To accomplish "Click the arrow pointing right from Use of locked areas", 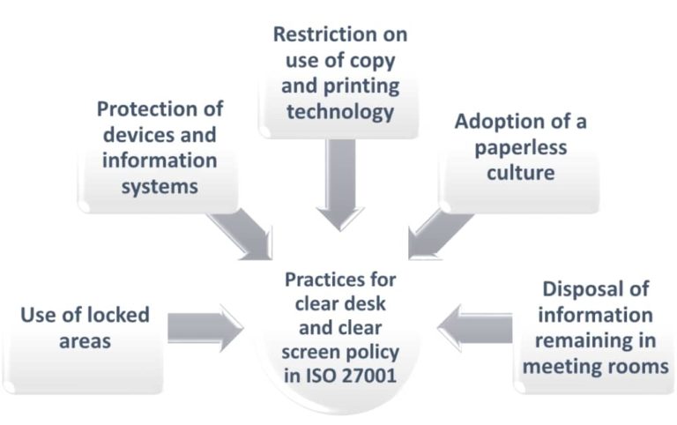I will (205, 329).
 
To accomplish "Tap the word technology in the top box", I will (339, 112).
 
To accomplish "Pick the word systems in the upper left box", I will (160, 187).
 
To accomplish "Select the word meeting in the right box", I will (564, 365).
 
